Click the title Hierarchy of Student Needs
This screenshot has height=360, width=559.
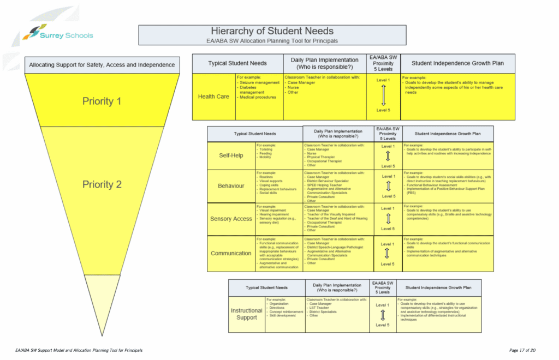pyautogui.click(x=272, y=31)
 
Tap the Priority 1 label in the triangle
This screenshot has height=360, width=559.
pyautogui.click(x=102, y=101)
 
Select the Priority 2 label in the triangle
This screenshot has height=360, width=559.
pyautogui.click(x=102, y=184)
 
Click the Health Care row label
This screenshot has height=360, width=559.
pyautogui.click(x=213, y=97)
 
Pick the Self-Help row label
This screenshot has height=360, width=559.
pyautogui.click(x=231, y=155)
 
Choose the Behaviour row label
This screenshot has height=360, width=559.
pyautogui.click(x=231, y=185)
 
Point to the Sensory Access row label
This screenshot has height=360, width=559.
pyautogui.click(x=231, y=219)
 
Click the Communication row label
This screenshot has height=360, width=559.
pyautogui.click(x=231, y=253)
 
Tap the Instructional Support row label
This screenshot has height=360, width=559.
pyautogui.click(x=246, y=314)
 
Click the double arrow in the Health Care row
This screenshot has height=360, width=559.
pyautogui.click(x=383, y=95)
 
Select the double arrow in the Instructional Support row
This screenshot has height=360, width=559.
pyautogui.click(x=383, y=315)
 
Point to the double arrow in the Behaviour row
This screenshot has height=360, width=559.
pyautogui.click(x=388, y=186)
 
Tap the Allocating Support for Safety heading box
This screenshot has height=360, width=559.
pyautogui.click(x=102, y=65)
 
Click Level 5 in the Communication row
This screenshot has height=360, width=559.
pyautogui.click(x=388, y=264)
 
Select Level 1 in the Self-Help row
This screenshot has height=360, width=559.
pyautogui.click(x=388, y=146)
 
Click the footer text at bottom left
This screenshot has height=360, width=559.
pyautogui.click(x=79, y=350)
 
